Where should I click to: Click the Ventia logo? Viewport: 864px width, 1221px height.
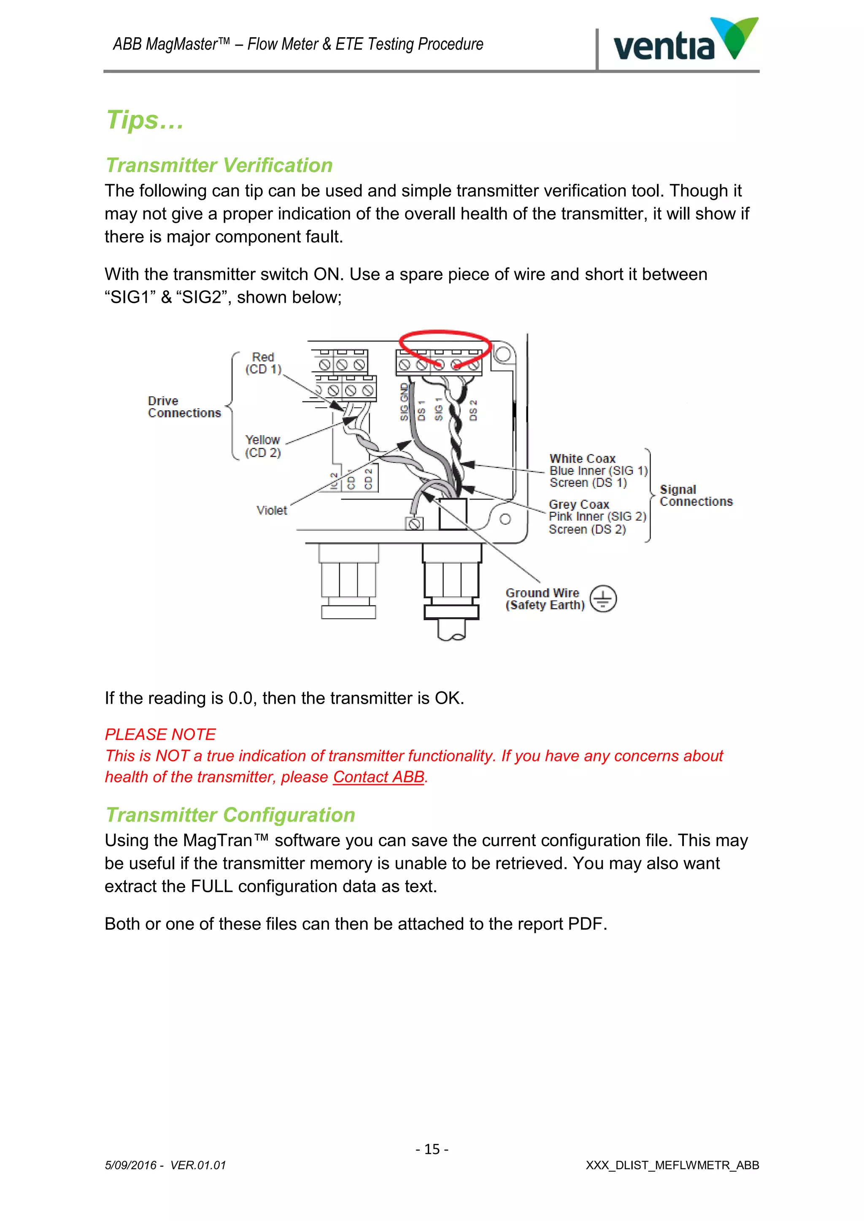[685, 41]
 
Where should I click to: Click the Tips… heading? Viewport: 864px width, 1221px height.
[145, 120]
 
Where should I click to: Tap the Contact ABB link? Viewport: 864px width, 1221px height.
[378, 777]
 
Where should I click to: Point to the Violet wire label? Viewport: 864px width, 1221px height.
[271, 511]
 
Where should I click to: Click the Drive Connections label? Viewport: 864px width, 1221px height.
[184, 407]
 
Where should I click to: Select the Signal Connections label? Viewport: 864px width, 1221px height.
[695, 496]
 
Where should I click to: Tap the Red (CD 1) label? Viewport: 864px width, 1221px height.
[263, 363]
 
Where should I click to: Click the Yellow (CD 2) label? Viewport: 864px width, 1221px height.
[262, 446]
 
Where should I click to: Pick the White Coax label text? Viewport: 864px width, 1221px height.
[582, 458]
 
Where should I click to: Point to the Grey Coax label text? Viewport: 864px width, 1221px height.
[579, 504]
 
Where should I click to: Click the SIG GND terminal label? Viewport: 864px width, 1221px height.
[404, 402]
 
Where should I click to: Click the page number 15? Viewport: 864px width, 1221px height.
[432, 1149]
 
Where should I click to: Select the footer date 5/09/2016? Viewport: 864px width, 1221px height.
[130, 1166]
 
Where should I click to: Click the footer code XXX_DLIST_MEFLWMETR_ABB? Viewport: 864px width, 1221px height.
[672, 1166]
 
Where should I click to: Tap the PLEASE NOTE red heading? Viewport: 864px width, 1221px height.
[160, 734]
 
